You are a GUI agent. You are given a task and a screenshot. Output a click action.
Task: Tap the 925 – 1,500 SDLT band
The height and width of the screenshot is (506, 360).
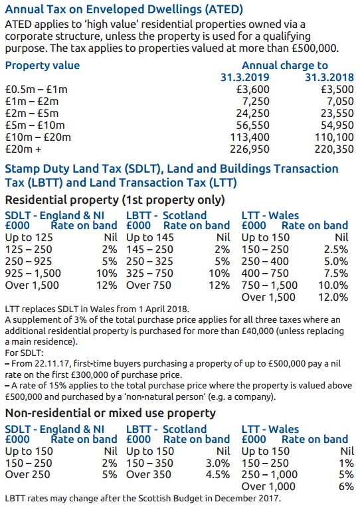pyautogui.click(x=33, y=273)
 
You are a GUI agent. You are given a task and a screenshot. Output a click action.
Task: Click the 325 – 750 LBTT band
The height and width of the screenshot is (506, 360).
pyautogui.click(x=150, y=273)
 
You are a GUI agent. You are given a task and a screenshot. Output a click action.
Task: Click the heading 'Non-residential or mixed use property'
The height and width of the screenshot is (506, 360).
pyautogui.click(x=110, y=413)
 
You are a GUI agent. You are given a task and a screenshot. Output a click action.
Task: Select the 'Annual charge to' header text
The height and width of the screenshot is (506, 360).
pyautogui.click(x=284, y=66)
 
